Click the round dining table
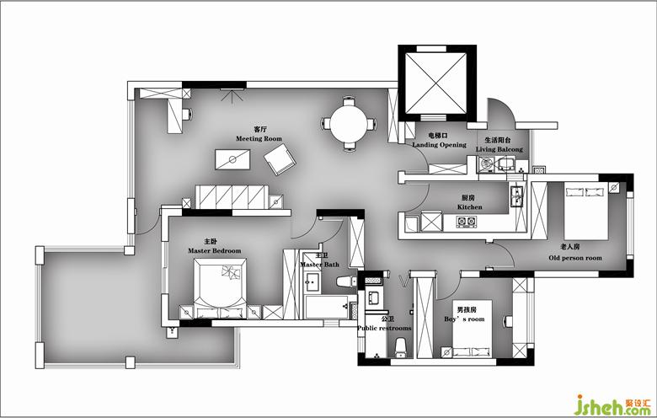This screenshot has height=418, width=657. point(350,124)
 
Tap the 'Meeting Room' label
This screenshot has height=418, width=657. point(259,138)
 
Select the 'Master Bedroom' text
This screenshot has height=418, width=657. point(215,251)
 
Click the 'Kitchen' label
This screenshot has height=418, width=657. point(469,206)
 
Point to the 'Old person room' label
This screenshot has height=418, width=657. point(575,258)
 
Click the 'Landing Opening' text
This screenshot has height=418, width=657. point(439,145)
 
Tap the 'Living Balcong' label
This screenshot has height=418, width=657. point(499,149)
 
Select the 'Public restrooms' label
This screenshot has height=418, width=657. point(384,328)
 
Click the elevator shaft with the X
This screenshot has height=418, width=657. point(436,83)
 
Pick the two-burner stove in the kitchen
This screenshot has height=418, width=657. point(467,221)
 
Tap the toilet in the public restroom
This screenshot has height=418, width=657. point(401,347)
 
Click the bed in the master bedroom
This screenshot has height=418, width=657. point(220,288)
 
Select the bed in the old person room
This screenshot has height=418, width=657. point(585,211)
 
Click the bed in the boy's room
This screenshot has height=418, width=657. point(473,329)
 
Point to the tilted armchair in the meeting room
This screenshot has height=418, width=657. point(280,159)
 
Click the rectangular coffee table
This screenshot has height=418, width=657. point(232,160)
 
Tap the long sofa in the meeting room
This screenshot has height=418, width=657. point(232,196)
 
